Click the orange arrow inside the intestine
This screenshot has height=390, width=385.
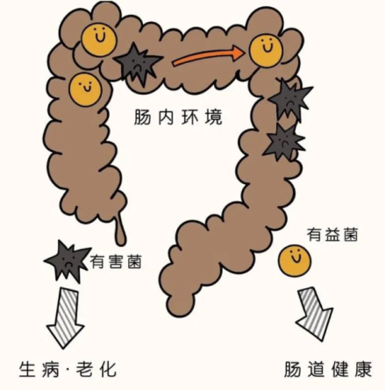[208, 56]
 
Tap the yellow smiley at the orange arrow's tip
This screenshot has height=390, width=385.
[266, 50]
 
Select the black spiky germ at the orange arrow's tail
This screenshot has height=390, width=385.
[138, 64]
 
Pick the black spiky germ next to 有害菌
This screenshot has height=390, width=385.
[68, 261]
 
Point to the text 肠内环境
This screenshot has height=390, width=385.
[178, 117]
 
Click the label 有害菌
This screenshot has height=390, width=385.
[116, 262]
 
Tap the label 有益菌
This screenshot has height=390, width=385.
[332, 235]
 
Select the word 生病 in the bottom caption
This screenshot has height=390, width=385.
[39, 369]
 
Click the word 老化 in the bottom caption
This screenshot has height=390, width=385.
[96, 369]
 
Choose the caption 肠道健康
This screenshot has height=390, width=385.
[328, 369]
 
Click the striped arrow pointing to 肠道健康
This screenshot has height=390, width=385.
[315, 314]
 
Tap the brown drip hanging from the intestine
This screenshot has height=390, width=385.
[120, 230]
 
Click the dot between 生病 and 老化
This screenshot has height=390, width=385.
[68, 371]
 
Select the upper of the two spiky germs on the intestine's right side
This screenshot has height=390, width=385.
[290, 100]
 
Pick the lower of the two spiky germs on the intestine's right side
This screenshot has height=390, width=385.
[283, 142]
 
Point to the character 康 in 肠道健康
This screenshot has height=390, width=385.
[363, 369]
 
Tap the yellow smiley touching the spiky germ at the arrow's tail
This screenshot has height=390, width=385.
[98, 40]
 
